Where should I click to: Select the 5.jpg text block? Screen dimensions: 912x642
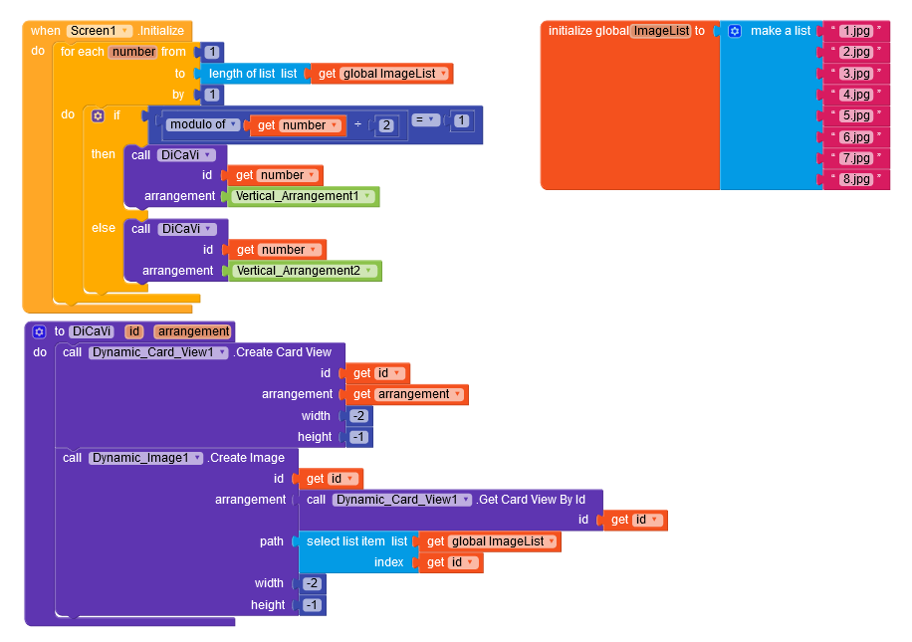point(857,115)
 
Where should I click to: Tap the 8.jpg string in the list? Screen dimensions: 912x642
point(857,179)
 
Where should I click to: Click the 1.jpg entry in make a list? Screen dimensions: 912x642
point(857,31)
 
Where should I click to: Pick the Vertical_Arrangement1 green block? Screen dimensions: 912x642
point(303,196)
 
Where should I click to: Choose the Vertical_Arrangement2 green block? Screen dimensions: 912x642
point(305,271)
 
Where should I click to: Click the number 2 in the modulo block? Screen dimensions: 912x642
point(386,125)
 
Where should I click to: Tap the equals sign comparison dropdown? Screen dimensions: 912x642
point(426,119)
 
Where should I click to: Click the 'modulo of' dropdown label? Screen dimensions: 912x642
point(202,124)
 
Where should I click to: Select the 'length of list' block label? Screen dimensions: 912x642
point(242,74)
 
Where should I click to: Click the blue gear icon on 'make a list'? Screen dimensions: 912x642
point(735,32)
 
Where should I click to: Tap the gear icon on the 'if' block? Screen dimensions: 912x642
point(98,115)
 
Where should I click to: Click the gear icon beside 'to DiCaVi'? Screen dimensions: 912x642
point(39,332)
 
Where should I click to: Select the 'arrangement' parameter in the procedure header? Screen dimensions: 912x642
point(194,331)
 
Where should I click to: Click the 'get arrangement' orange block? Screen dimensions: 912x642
point(406,395)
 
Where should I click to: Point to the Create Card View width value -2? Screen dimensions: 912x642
point(358,416)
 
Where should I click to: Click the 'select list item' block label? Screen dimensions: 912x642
point(345,541)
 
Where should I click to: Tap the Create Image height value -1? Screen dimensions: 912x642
point(313,605)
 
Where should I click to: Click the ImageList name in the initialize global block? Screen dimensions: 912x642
point(662,31)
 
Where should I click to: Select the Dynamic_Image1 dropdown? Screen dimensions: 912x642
point(145,458)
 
